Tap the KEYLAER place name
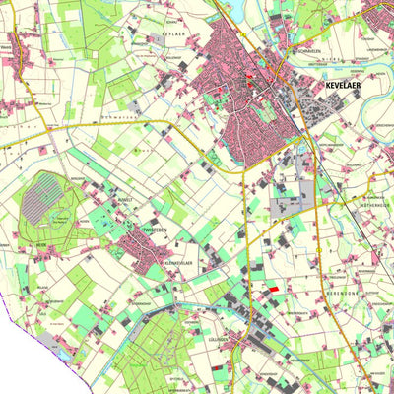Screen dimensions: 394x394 click(x=173, y=32)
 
